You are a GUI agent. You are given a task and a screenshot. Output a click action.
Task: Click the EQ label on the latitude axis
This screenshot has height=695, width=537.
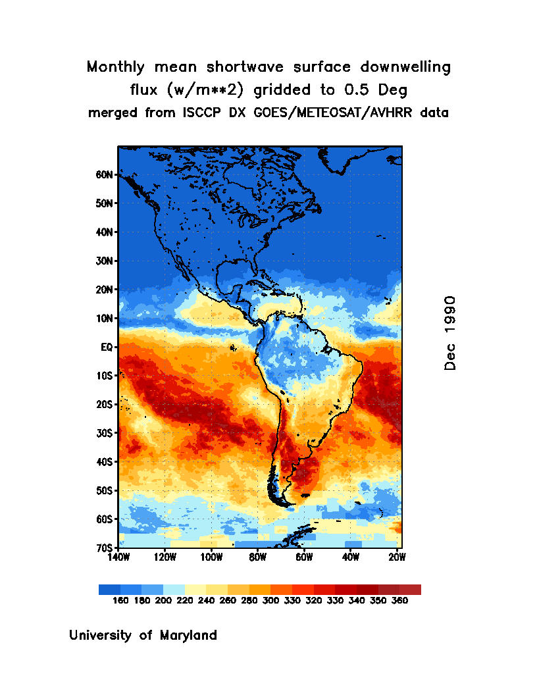tap(109, 347)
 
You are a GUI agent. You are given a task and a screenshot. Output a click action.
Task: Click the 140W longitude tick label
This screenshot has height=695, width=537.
tap(118, 557)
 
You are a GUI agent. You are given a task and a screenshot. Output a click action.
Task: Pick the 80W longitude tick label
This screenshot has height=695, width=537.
tap(257, 557)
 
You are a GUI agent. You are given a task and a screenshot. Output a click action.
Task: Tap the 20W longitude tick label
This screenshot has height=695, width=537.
tap(397, 557)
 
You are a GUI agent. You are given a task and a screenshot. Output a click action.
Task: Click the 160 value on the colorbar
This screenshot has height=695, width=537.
tap(120, 601)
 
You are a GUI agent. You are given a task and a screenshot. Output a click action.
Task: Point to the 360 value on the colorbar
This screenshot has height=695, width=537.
tap(399, 601)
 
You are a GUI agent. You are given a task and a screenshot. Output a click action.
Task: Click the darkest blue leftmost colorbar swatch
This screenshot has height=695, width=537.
tap(109, 590)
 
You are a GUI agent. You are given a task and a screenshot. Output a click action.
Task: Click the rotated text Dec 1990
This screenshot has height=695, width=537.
tap(450, 332)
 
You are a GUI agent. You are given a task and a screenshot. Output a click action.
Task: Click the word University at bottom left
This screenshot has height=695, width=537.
tap(101, 636)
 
